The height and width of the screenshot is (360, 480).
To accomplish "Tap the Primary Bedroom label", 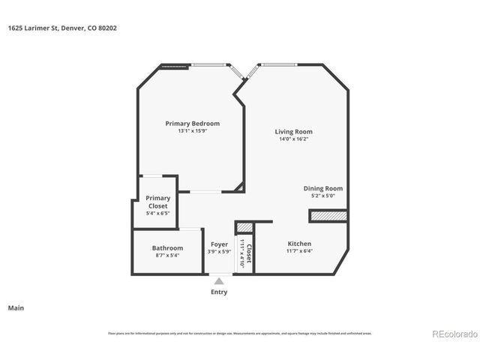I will [192, 123].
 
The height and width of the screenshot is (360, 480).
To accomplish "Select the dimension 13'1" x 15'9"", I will [192, 131].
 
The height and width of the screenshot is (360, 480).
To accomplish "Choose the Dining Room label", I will [322, 188].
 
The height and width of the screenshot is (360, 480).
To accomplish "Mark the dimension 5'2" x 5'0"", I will [322, 196].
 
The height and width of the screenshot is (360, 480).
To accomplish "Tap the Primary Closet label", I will [157, 202].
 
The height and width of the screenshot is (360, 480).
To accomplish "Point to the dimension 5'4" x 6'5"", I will [157, 214].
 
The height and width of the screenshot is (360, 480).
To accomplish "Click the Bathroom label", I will [167, 247].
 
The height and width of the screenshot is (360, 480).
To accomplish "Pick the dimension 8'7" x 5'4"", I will [167, 255].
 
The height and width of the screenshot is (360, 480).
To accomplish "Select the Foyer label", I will [219, 244].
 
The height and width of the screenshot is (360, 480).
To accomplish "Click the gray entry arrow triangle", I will [219, 281].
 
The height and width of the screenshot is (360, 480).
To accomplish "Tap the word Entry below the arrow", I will [219, 292].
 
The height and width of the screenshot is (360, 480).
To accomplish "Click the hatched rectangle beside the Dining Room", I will [328, 216].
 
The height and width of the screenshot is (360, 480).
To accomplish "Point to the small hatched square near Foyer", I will [244, 227].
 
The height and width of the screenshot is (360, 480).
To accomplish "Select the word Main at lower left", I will [15, 307].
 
